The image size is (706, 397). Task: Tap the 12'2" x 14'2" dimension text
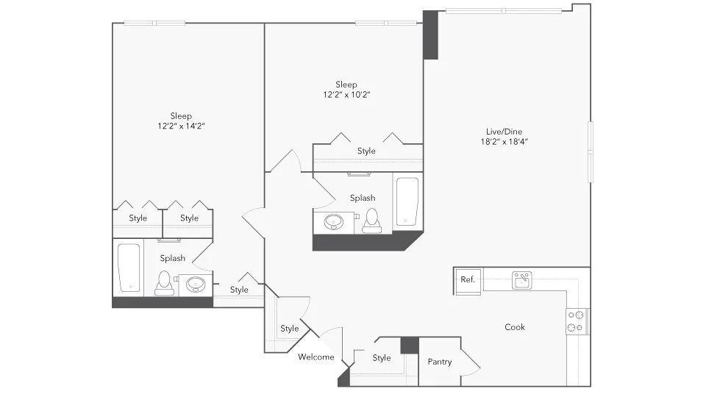point(181,126)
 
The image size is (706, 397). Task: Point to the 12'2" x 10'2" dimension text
point(346,95)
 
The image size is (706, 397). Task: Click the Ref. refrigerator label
point(467,279)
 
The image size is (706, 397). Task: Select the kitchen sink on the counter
point(523,280)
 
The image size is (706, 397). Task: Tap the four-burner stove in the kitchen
point(577,320)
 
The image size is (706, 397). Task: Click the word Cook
point(515,327)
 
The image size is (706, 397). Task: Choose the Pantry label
point(440,362)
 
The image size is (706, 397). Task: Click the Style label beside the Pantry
point(381,358)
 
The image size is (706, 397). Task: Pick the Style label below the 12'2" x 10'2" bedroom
point(366,151)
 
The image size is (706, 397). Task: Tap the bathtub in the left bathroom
point(129,267)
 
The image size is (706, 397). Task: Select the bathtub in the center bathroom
point(407,201)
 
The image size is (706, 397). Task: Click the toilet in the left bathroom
point(163,282)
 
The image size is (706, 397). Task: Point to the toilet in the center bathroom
point(371,220)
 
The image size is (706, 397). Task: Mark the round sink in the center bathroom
point(335,221)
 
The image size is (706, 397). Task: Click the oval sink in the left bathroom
point(195,284)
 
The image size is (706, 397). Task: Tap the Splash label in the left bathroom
point(173,258)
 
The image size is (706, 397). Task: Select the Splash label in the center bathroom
point(363,198)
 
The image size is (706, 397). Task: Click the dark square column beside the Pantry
point(409,346)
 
